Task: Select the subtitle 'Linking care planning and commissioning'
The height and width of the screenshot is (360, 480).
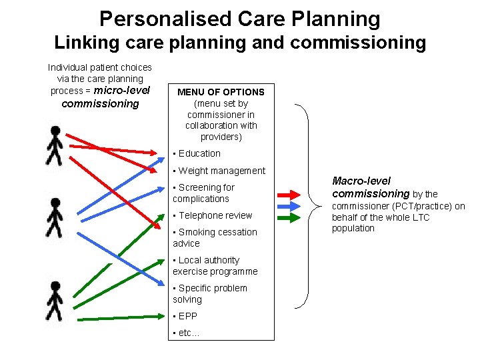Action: pyautogui.click(x=240, y=43)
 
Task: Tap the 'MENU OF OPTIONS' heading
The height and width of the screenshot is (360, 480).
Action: pyautogui.click(x=221, y=92)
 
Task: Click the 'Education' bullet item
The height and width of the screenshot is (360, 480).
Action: pyautogui.click(x=199, y=153)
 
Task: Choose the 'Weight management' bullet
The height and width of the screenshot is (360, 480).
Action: pyautogui.click(x=221, y=171)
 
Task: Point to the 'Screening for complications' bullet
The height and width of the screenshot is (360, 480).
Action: pyautogui.click(x=205, y=193)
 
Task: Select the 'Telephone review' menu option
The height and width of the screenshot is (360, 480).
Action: pyautogui.click(x=214, y=215)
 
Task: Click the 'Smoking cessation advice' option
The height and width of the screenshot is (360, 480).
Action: pyautogui.click(x=216, y=237)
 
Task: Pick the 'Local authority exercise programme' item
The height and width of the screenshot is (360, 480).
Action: pyautogui.click(x=215, y=265)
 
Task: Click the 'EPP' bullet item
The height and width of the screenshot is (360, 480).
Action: pyautogui.click(x=187, y=316)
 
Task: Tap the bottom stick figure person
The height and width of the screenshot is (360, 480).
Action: pyautogui.click(x=55, y=301)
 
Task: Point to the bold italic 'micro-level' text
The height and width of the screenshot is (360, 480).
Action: pyautogui.click(x=122, y=91)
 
